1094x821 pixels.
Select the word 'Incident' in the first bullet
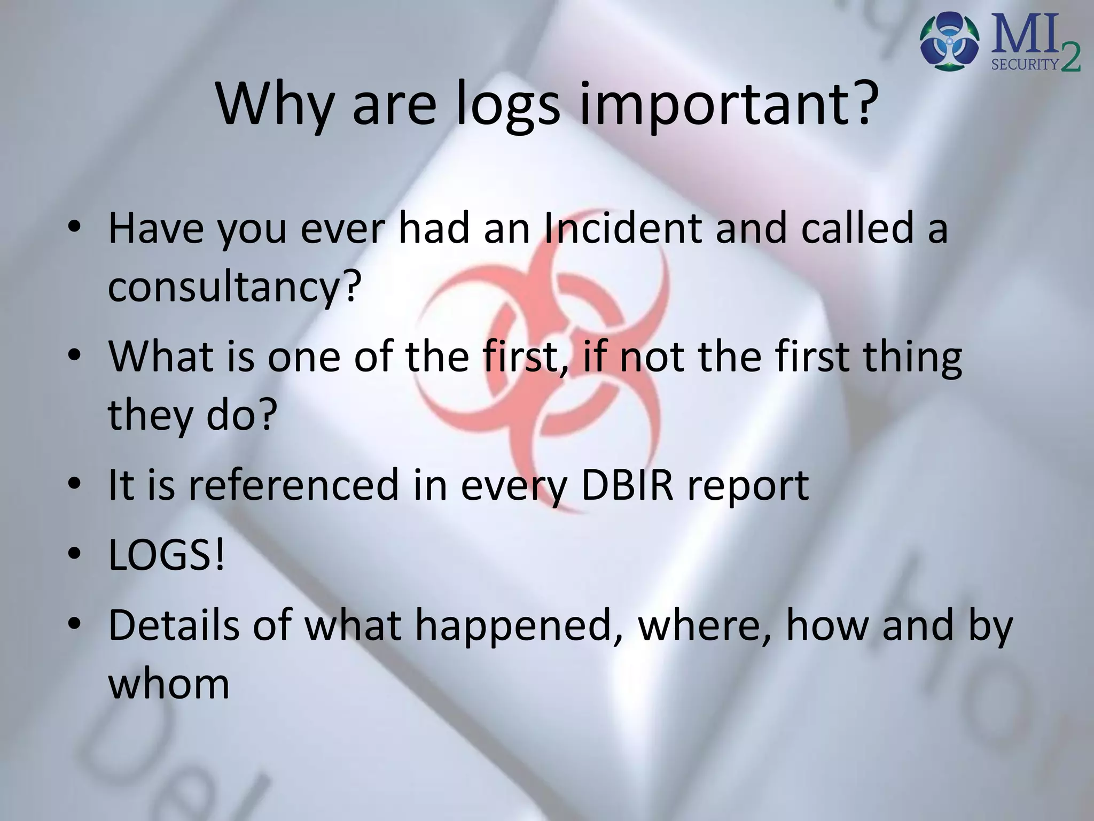[x=622, y=228]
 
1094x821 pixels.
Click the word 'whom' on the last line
[x=169, y=684]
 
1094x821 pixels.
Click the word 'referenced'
[x=294, y=485]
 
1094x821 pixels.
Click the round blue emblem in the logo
[x=950, y=41]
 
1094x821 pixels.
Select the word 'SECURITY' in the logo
[x=1025, y=65]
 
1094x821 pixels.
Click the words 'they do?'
[x=192, y=414]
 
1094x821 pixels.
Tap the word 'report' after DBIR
[x=747, y=485]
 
